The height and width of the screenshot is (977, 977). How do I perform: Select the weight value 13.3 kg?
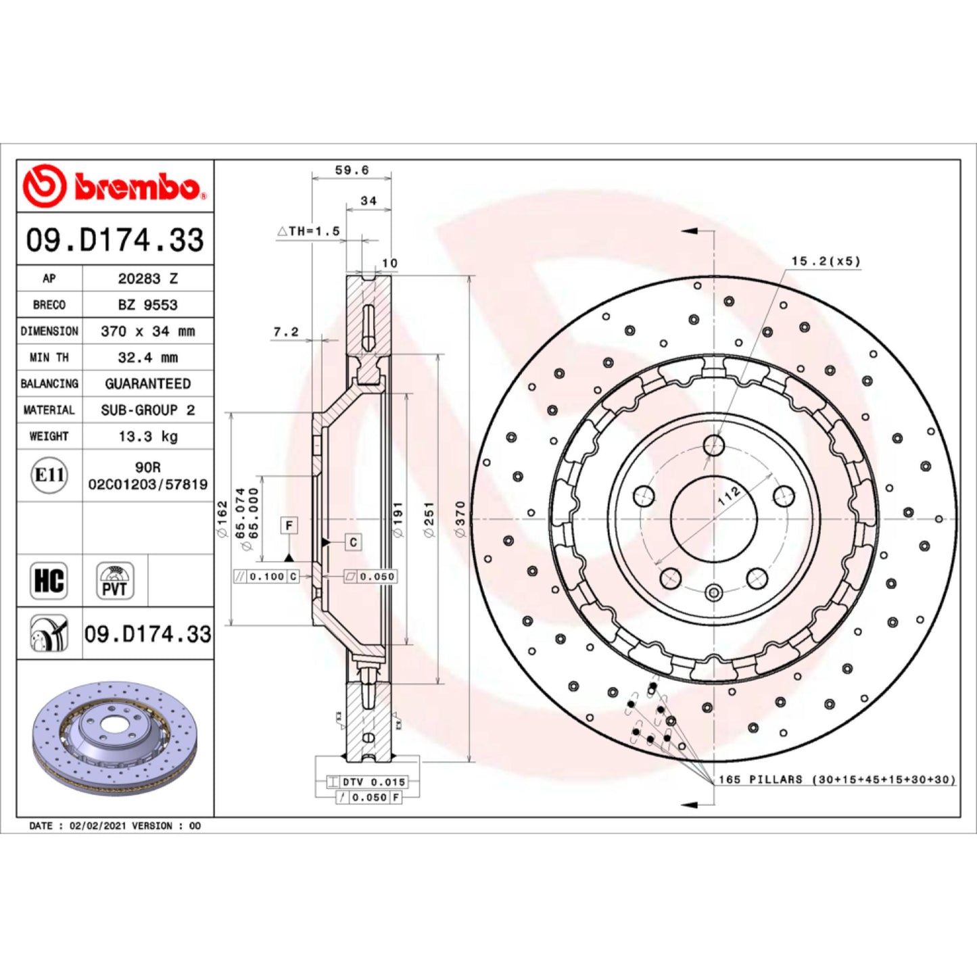pyautogui.click(x=148, y=437)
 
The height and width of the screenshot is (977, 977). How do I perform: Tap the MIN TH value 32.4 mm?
pyautogui.click(x=148, y=358)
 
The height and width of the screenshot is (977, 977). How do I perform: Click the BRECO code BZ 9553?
pyautogui.click(x=148, y=305)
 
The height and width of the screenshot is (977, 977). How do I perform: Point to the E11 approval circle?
pyautogui.click(x=49, y=475)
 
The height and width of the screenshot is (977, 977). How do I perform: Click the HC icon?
pyautogui.click(x=49, y=581)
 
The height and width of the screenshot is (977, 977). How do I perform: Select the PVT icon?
pyautogui.click(x=115, y=581)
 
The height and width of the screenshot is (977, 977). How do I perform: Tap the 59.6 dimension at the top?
pyautogui.click(x=352, y=170)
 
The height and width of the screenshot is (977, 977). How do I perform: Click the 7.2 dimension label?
pyautogui.click(x=286, y=332)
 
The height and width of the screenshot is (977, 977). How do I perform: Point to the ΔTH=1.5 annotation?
pyautogui.click(x=308, y=231)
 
